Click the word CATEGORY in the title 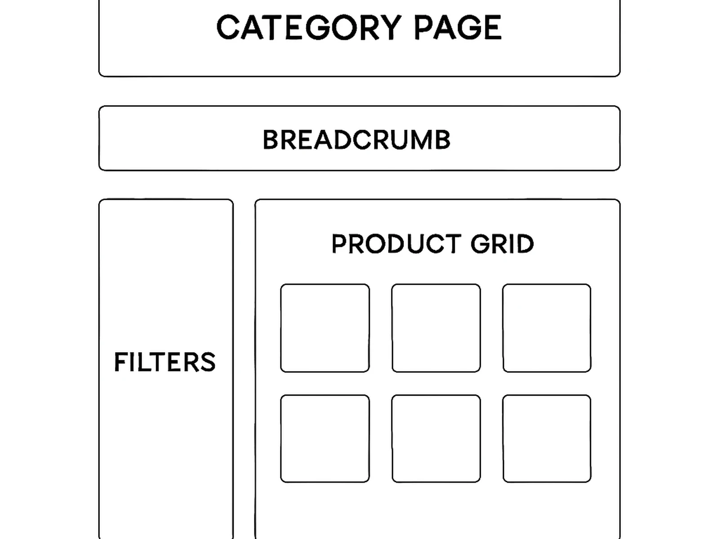pos(309,28)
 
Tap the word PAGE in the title pos(457,28)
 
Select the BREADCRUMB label pos(356,140)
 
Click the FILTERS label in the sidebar pos(165,362)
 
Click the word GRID pos(502,244)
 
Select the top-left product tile pos(325,328)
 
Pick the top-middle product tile pos(436,328)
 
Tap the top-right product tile pos(546,328)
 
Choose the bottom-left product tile pos(325,439)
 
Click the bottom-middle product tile pos(436,439)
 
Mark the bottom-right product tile pos(546,439)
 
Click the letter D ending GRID pos(525,244)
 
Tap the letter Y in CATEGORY pos(390,28)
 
